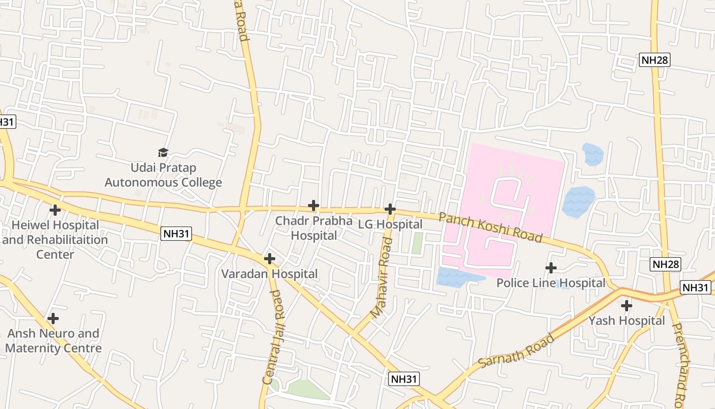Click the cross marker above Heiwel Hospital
click(55, 210)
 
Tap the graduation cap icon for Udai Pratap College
click(163, 152)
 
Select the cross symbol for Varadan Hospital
click(269, 259)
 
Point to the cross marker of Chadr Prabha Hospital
click(313, 206)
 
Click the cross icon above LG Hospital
click(390, 209)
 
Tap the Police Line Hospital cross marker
click(551, 268)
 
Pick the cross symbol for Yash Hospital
click(626, 306)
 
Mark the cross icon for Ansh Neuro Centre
click(53, 319)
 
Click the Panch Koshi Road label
click(490, 228)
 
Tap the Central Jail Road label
click(272, 337)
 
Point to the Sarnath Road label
click(517, 351)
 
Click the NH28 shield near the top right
click(654, 60)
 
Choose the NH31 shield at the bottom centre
click(404, 379)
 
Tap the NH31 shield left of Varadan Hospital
click(176, 234)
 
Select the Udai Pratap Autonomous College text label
click(163, 175)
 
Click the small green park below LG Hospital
click(417, 243)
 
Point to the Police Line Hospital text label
click(551, 283)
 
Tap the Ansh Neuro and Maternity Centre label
click(53, 341)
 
